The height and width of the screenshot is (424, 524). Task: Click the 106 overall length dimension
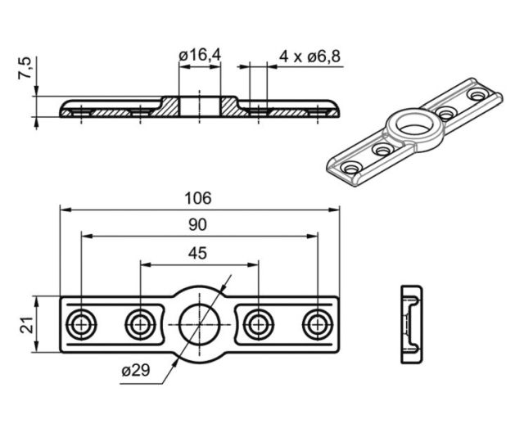click(x=198, y=197)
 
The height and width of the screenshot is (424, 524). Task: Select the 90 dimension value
click(x=198, y=225)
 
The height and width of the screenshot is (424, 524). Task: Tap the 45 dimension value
click(x=198, y=253)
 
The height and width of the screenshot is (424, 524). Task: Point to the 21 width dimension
click(x=25, y=323)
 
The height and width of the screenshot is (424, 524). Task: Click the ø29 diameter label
click(x=135, y=371)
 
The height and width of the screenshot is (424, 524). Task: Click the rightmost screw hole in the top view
click(x=317, y=324)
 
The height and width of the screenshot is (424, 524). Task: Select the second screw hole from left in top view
click(x=140, y=324)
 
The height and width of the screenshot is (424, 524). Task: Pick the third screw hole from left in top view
click(x=258, y=324)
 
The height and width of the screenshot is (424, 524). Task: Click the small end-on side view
click(x=411, y=325)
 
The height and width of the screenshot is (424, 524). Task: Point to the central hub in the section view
click(x=200, y=107)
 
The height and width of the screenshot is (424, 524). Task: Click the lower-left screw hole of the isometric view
click(x=352, y=168)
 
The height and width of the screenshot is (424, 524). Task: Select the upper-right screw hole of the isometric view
click(x=477, y=96)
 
